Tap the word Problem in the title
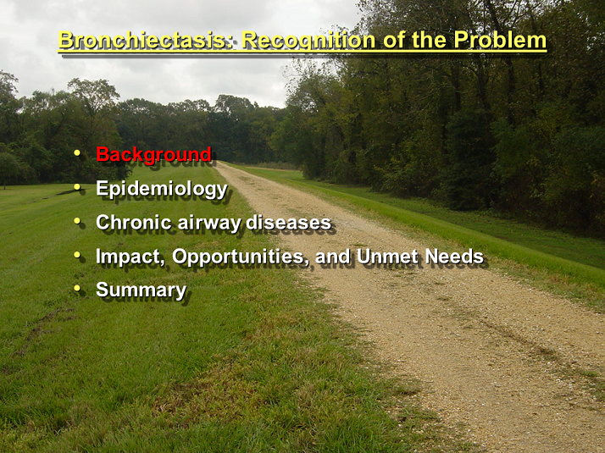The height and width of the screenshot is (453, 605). (x=500, y=39)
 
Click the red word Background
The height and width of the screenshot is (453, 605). (x=153, y=155)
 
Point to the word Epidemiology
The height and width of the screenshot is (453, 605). (x=162, y=190)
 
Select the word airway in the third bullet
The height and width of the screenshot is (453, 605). (x=208, y=224)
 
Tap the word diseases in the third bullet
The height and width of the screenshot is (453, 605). (x=289, y=223)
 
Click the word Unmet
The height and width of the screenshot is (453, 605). (x=387, y=257)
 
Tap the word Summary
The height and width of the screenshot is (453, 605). (x=142, y=290)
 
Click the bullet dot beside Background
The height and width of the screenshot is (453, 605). (x=77, y=153)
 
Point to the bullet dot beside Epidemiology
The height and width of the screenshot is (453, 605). (x=77, y=187)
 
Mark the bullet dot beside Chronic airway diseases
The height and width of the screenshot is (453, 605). (x=77, y=221)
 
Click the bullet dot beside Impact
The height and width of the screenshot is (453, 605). (x=77, y=255)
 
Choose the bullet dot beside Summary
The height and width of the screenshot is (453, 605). (x=77, y=288)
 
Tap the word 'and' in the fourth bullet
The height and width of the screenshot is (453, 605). (x=333, y=257)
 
